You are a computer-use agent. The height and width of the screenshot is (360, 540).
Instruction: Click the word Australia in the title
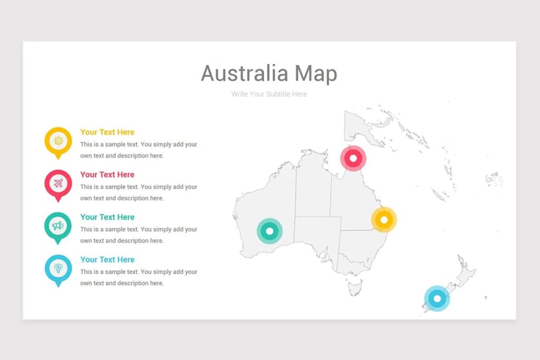(245, 73)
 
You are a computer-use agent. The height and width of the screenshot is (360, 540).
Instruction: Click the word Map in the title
(316, 74)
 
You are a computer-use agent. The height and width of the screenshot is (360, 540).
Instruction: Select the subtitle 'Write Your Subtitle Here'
(269, 94)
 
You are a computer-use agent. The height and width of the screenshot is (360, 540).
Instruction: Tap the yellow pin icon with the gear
(58, 141)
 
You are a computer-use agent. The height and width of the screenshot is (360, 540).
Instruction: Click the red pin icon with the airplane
(58, 183)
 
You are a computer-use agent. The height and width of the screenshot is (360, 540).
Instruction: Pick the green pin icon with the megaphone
(58, 226)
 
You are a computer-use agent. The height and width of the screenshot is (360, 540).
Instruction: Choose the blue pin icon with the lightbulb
(58, 268)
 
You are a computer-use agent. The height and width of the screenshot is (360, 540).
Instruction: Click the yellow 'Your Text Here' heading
(107, 132)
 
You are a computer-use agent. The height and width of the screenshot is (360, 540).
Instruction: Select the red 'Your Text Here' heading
(107, 174)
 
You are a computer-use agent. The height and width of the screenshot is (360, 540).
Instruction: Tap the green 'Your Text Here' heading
(107, 217)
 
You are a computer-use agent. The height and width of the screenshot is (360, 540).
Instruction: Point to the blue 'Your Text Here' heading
(107, 259)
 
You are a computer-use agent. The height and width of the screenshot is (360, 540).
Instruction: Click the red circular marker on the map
(353, 158)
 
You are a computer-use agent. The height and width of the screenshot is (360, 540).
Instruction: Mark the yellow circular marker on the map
(384, 220)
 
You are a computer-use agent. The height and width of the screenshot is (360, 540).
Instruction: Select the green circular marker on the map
(270, 231)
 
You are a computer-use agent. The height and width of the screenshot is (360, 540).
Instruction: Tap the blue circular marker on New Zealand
(437, 299)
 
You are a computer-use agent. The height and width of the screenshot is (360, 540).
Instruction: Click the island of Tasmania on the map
(355, 288)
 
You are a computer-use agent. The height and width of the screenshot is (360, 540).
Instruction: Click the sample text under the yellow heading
(139, 150)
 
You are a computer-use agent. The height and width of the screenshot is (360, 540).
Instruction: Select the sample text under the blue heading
(139, 277)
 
